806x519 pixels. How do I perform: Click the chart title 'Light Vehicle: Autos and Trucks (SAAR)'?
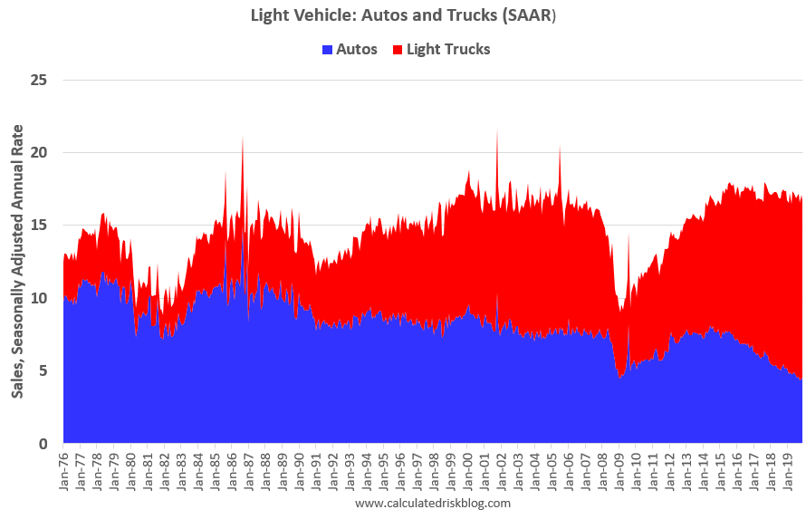pyautogui.click(x=403, y=15)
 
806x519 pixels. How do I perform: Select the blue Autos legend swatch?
pyautogui.click(x=328, y=49)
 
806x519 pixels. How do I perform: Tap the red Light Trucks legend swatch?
pyautogui.click(x=398, y=49)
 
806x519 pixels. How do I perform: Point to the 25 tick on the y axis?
pyautogui.click(x=39, y=80)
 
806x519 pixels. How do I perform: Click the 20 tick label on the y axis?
pyautogui.click(x=39, y=152)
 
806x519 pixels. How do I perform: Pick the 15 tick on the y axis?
pyautogui.click(x=39, y=226)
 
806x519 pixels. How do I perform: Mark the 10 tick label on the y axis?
pyautogui.click(x=39, y=298)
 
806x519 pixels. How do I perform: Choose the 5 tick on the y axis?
pyautogui.click(x=43, y=371)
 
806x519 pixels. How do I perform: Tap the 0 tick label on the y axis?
pyautogui.click(x=43, y=444)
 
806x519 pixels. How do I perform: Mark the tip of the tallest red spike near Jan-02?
pyautogui.click(x=497, y=130)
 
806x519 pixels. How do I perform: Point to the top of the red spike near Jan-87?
pyautogui.click(x=243, y=137)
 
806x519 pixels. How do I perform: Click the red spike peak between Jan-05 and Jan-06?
pyautogui.click(x=560, y=146)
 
